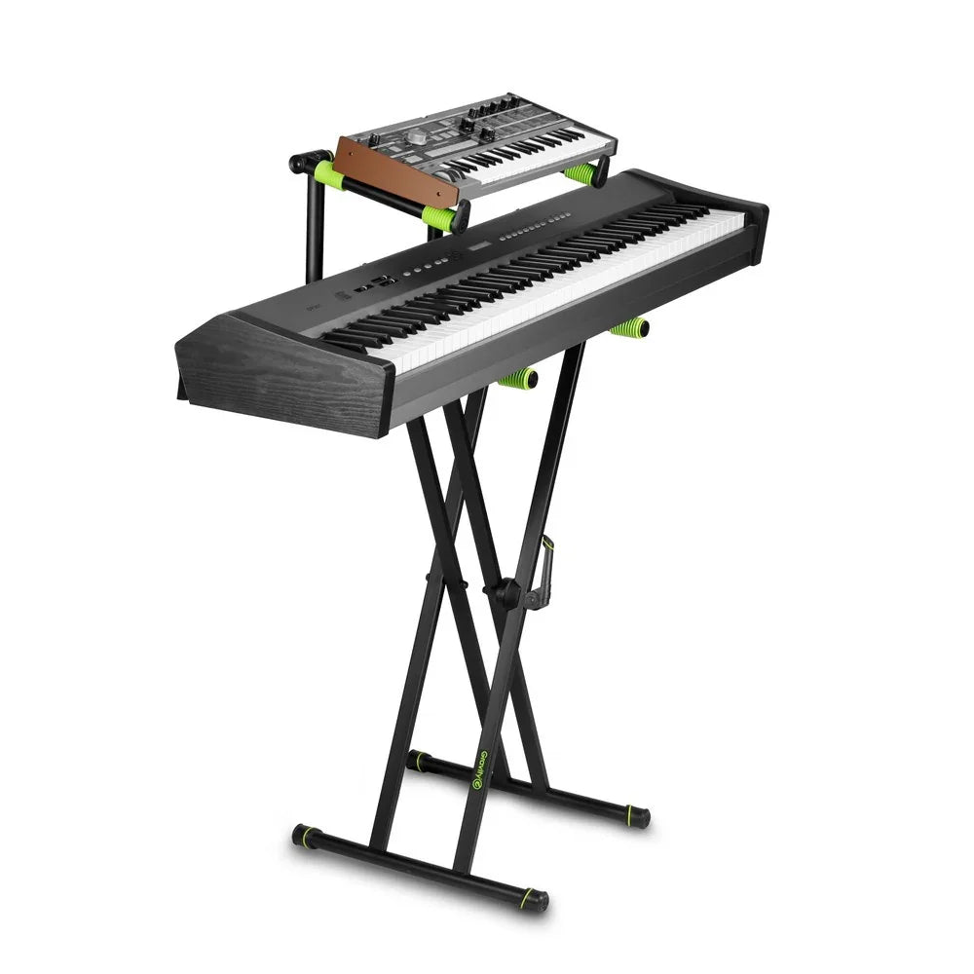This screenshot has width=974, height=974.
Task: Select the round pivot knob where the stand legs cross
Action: [x=506, y=592]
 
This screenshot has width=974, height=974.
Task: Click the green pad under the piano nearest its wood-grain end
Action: [x=519, y=378]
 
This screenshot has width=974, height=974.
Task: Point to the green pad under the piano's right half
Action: [x=630, y=327]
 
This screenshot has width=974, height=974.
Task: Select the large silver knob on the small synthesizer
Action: [x=417, y=137]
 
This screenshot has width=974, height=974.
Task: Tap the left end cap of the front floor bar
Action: [x=305, y=834]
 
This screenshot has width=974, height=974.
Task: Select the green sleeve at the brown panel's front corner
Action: [x=438, y=217]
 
